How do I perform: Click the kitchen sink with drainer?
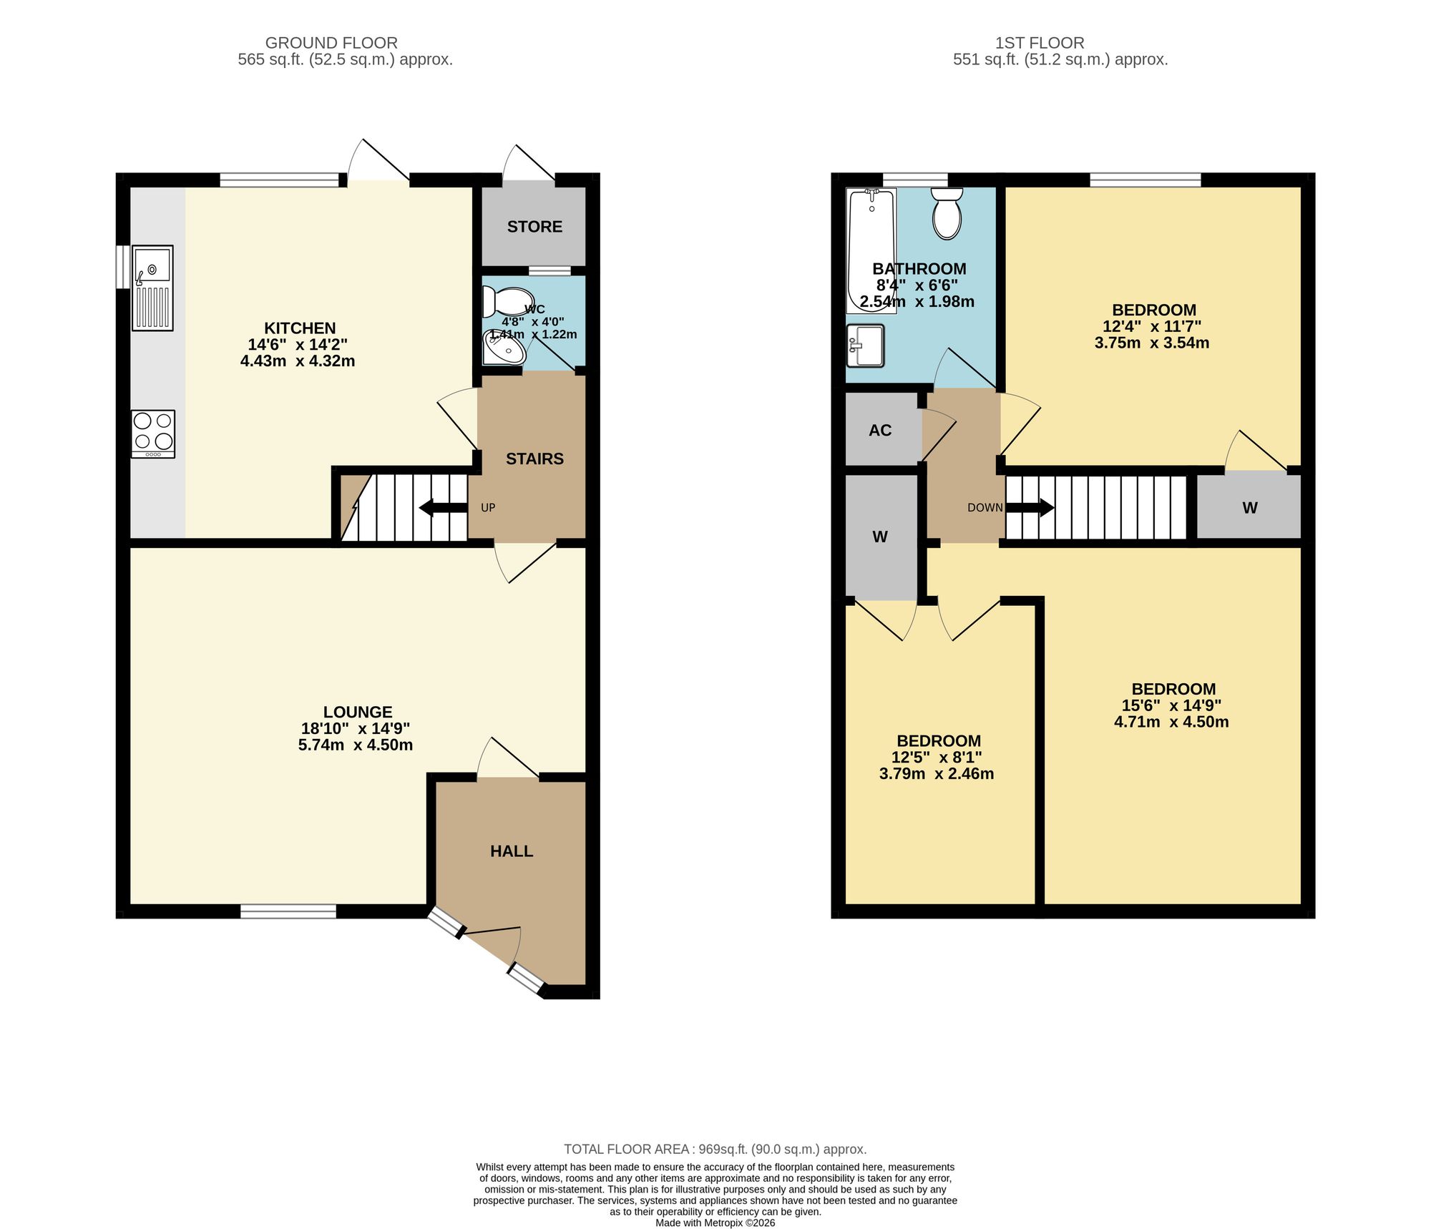(x=152, y=288)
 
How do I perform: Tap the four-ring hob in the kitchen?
(x=153, y=434)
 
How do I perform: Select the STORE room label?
(x=534, y=227)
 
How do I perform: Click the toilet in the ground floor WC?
(x=507, y=301)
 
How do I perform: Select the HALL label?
(x=512, y=851)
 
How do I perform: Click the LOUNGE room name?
(x=358, y=712)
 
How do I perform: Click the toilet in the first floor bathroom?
(x=947, y=212)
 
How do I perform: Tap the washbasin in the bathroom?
(x=865, y=346)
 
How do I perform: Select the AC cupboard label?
(x=880, y=430)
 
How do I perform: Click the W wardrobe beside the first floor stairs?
(x=1249, y=507)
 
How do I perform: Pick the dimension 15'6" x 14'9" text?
(x=1171, y=705)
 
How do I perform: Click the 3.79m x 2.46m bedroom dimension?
(x=936, y=773)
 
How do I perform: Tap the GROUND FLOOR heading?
(x=331, y=43)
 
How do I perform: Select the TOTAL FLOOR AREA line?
(x=715, y=1149)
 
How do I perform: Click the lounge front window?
(x=288, y=911)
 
